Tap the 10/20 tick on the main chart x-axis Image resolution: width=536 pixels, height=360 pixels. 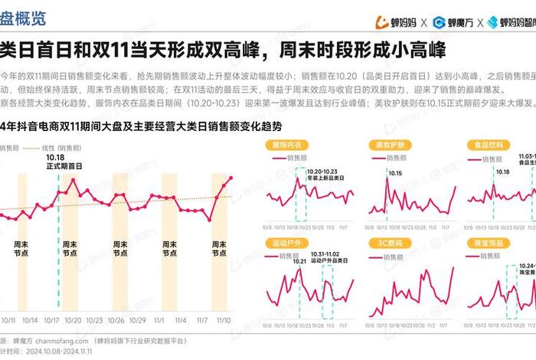click(x=74, y=320)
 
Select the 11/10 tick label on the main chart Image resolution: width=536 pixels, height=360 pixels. click(x=225, y=320)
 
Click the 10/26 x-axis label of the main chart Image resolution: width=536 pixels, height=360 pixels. click(x=117, y=320)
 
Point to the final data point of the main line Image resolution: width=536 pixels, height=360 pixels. click(x=231, y=178)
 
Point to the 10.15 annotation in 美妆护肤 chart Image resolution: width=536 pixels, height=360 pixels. click(x=395, y=174)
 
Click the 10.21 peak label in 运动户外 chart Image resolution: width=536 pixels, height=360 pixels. click(x=298, y=261)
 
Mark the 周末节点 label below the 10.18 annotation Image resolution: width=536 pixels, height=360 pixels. click(x=70, y=248)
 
